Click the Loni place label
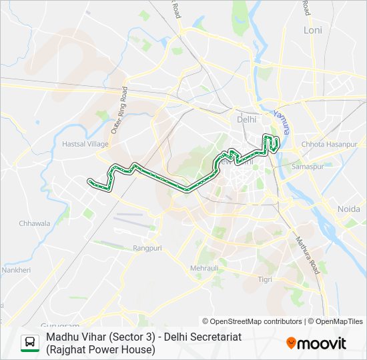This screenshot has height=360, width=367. (312, 30)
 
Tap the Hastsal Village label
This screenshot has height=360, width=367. (85, 144)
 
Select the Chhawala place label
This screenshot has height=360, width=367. (34, 223)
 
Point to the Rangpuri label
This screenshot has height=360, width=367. (147, 247)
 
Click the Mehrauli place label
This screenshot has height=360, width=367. (204, 267)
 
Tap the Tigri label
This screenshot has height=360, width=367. (265, 279)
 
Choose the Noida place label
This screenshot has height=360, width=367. (348, 209)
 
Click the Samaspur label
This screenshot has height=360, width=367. (308, 165)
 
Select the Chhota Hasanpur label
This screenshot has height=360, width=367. (330, 144)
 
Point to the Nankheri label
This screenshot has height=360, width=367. (15, 270)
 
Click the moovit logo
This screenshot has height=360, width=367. (316, 343)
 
